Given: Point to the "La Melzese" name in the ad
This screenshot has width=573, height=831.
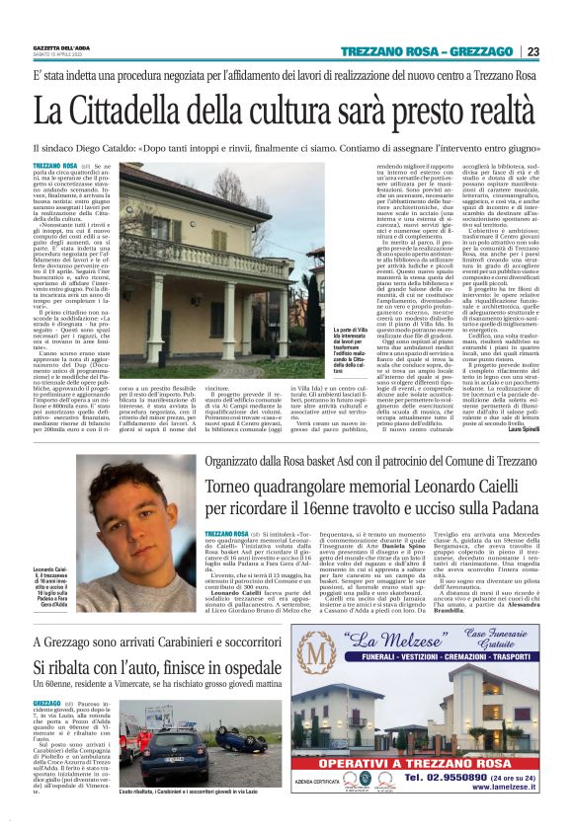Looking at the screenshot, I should click(421, 653).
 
